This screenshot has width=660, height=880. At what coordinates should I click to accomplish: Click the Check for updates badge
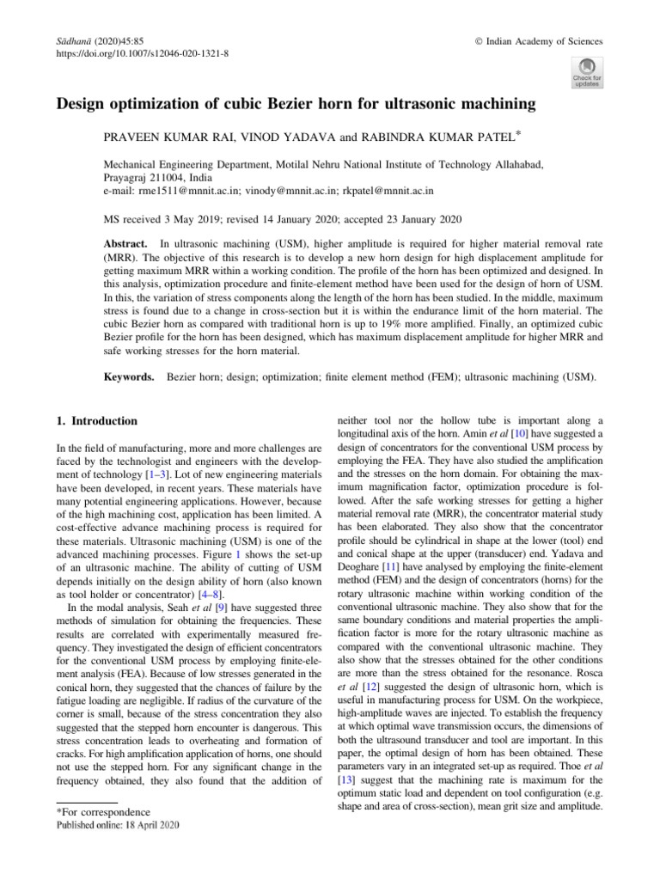click(586, 72)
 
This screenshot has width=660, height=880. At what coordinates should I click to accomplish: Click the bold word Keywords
click(130, 376)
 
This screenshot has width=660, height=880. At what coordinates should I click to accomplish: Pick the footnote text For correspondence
click(102, 812)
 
